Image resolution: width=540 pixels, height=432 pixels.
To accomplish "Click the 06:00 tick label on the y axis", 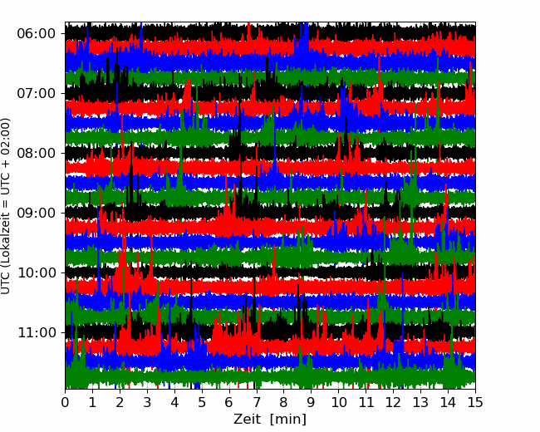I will pos(36,34).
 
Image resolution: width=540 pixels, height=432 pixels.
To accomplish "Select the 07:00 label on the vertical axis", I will pos(36,94).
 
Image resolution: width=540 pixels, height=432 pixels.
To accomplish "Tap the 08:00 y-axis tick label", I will pos(36,154).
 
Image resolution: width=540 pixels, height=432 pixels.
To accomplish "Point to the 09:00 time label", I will pos(36,214).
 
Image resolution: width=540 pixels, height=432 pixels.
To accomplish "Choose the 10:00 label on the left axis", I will pos(36,273).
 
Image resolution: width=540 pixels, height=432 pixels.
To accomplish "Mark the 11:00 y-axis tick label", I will pos(36,333).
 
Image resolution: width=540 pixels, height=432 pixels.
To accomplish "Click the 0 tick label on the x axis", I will pos(66,403).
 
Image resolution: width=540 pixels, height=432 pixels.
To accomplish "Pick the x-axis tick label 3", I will pos(148,403).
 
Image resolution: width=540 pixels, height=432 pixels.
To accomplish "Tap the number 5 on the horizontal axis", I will pos(202,403).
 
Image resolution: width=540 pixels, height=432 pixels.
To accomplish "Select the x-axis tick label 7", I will pos(257,403).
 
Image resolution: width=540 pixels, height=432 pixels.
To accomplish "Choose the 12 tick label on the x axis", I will pos(393,403).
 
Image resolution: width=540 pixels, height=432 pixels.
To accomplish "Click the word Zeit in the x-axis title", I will pos(248,420).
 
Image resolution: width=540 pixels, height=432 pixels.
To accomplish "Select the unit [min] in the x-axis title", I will pos(289,420).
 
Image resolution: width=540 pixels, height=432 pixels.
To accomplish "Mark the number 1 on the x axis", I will pos(93,403).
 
